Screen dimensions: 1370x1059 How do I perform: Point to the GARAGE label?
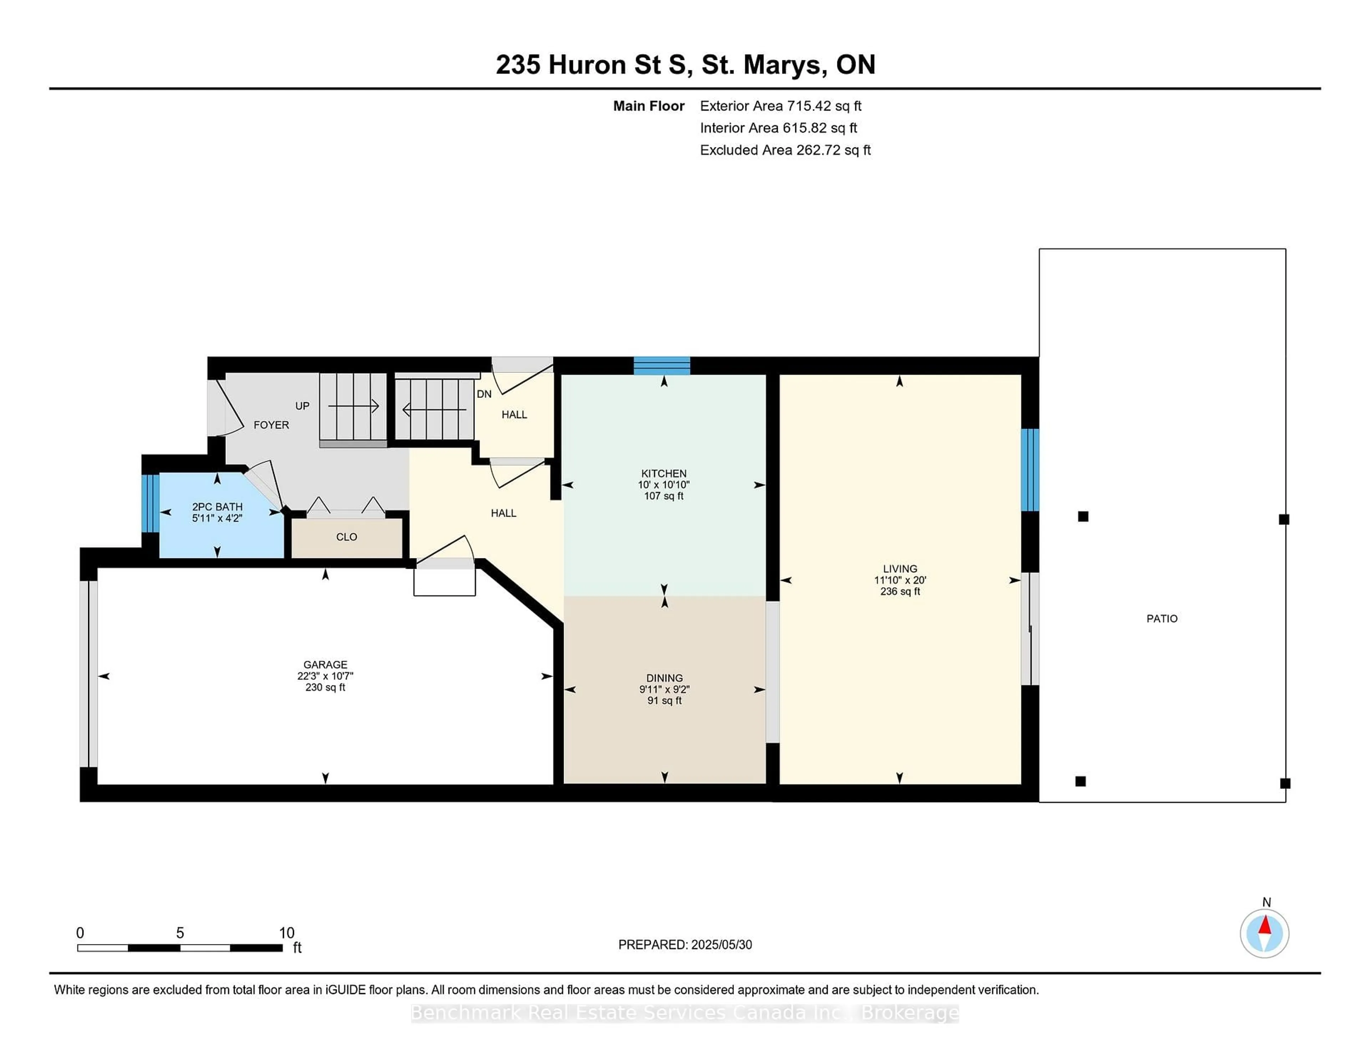point(325,664)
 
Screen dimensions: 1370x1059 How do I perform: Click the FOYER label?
point(271,425)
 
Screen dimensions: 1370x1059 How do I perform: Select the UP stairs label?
point(302,406)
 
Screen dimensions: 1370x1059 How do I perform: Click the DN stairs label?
point(484,394)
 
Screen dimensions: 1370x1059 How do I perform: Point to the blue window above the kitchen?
point(662,365)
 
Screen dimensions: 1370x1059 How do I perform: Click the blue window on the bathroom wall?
point(151,503)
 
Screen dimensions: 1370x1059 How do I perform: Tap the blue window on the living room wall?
point(1030,470)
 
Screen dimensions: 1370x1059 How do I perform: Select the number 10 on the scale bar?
point(287,933)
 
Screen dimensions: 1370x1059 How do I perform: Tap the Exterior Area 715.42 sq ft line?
point(780,106)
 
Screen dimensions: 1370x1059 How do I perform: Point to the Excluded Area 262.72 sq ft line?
point(785,150)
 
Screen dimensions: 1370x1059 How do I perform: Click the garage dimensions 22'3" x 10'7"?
point(325,676)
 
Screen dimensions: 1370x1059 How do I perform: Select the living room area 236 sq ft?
point(899,591)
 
